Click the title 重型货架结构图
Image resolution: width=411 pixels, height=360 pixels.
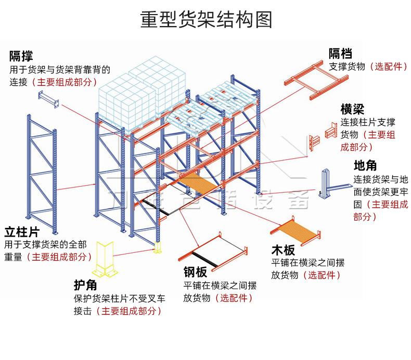pyautogui.click(x=205, y=20)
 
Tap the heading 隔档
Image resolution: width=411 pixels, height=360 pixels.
pyautogui.click(x=341, y=53)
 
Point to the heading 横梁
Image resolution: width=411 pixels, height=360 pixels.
pyautogui.click(x=352, y=109)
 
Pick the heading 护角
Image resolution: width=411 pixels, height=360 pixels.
pyautogui.click(x=86, y=285)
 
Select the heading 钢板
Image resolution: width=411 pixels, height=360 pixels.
pyautogui.click(x=195, y=272)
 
